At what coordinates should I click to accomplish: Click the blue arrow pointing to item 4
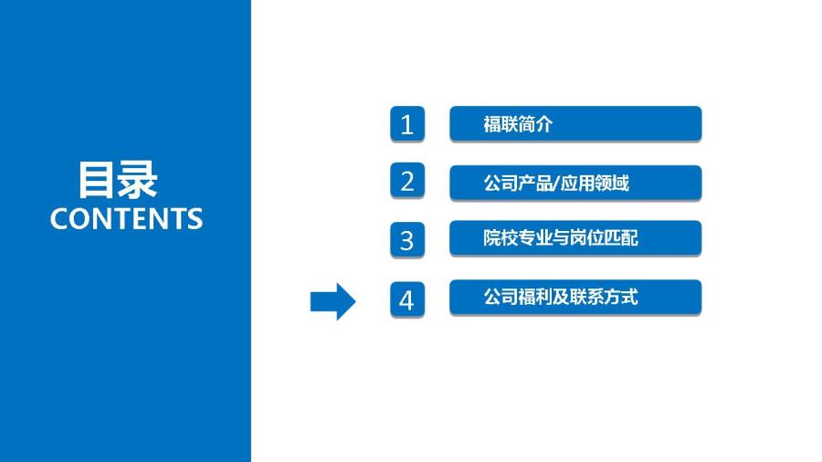(x=332, y=301)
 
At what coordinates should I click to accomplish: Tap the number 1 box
(x=407, y=124)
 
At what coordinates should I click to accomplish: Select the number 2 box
(x=407, y=181)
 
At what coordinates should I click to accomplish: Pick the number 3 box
(x=407, y=240)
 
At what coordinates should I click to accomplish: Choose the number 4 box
(x=407, y=299)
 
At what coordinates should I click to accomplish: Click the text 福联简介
(x=518, y=124)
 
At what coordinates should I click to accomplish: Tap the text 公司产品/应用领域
(x=556, y=184)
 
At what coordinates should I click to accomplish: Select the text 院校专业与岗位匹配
(x=561, y=237)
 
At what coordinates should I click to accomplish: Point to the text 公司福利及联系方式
(x=561, y=297)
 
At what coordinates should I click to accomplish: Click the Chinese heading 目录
(x=118, y=180)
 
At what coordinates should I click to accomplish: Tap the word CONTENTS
(x=126, y=218)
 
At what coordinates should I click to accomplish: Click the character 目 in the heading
(x=97, y=180)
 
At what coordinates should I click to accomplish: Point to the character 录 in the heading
(x=138, y=180)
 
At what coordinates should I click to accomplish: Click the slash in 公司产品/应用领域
(x=557, y=184)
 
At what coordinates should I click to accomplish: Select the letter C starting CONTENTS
(x=59, y=219)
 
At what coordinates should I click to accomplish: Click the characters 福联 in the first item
(x=501, y=124)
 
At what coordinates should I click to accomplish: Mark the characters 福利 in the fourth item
(x=534, y=297)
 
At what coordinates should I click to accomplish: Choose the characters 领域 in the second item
(x=612, y=184)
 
